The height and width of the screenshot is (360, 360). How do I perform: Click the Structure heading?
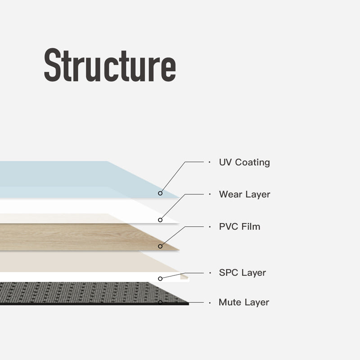(x=110, y=66)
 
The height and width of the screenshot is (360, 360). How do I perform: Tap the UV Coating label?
(x=244, y=162)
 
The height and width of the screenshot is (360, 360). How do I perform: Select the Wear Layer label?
(x=244, y=194)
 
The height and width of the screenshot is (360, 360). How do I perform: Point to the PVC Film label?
(x=239, y=226)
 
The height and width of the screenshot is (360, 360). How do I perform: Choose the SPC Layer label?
(x=242, y=273)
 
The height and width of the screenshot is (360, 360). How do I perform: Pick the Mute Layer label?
(x=243, y=302)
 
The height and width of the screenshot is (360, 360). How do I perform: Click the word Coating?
(x=252, y=162)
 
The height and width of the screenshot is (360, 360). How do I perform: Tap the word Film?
(x=251, y=226)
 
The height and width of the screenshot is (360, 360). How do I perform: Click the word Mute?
(x=228, y=302)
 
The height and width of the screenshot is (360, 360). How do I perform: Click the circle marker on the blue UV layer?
(x=160, y=193)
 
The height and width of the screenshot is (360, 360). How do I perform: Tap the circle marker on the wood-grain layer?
(x=160, y=246)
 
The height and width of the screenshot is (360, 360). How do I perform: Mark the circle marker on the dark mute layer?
(x=160, y=302)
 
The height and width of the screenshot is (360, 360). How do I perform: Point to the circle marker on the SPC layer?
(x=160, y=279)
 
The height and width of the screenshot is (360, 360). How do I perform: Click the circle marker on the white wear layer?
(x=160, y=220)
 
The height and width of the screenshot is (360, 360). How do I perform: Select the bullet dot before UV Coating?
(x=209, y=162)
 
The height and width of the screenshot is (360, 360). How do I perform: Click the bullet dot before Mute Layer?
(x=209, y=302)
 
